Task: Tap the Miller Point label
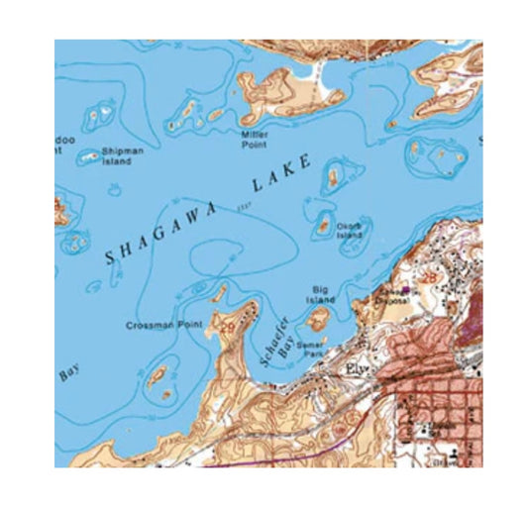tap(255, 138)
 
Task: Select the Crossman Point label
tap(158, 325)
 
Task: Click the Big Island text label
tap(320, 293)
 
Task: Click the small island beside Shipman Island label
tap(89, 155)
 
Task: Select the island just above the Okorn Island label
tap(333, 177)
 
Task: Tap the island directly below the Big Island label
tap(317, 319)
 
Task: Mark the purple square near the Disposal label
tap(404, 289)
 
